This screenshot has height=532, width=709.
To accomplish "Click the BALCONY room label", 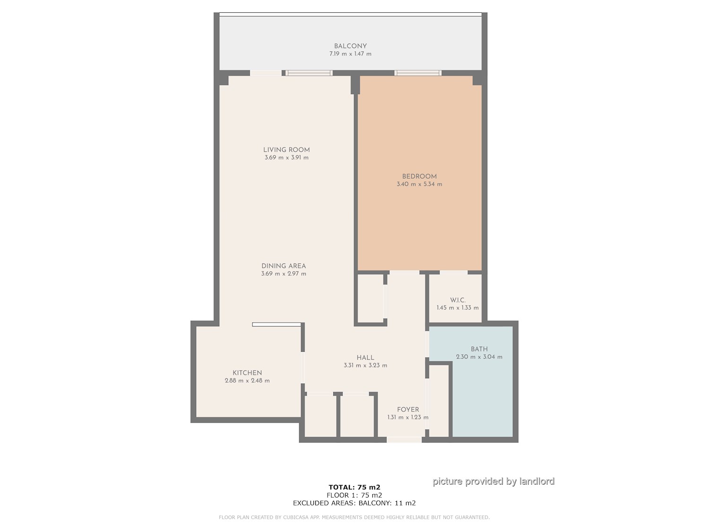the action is (350, 46).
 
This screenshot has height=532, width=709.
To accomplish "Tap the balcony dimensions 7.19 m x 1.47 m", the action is (350, 54).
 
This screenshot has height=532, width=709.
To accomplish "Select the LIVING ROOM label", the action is (286, 150).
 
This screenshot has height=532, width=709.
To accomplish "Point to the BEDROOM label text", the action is (419, 176).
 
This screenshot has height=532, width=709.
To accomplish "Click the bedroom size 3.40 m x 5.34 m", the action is (419, 184).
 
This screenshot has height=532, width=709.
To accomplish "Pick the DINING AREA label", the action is (284, 266).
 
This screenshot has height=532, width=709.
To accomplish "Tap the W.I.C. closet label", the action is (458, 300).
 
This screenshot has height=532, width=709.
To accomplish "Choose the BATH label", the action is (479, 349).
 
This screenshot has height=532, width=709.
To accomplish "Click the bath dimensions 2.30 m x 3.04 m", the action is (479, 357).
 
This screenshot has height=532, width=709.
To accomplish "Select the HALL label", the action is (365, 358).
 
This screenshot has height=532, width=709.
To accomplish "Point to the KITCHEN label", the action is (247, 373).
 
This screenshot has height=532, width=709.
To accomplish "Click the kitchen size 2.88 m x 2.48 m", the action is (247, 381).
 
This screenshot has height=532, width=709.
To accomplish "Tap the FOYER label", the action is (408, 410).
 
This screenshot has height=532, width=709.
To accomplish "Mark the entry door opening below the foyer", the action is (404, 440).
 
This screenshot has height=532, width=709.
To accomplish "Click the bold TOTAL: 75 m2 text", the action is (354, 487).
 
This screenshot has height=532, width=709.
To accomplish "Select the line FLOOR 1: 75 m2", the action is (354, 495).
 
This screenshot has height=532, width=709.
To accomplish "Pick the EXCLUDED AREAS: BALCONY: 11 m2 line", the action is (354, 503).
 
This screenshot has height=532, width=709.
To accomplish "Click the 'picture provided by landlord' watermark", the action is (493, 481).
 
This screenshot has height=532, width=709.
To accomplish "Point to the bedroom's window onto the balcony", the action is (418, 73).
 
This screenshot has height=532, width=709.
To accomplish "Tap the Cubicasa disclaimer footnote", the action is (354, 517).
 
